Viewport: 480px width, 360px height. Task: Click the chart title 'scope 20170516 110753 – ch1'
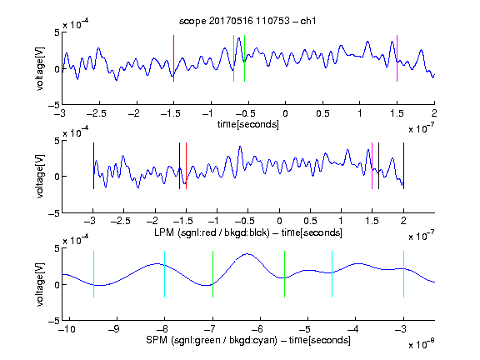[x=247, y=21]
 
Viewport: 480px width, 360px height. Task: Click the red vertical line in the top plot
[x=174, y=58]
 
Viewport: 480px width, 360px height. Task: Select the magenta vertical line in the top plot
[x=397, y=58]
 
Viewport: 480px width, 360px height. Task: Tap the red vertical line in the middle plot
[x=186, y=166]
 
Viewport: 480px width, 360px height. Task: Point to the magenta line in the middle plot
[x=372, y=166]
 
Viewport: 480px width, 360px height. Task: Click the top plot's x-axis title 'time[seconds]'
[x=248, y=124]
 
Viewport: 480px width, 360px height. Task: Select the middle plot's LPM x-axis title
[x=248, y=232]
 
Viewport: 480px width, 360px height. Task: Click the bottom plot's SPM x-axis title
[x=248, y=340]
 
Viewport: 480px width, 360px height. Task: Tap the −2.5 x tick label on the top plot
[x=97, y=113]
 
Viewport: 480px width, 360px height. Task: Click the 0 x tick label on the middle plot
[x=279, y=221]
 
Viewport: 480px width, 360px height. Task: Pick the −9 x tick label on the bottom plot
[x=114, y=329]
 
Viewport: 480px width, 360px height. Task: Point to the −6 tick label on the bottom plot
[x=257, y=329]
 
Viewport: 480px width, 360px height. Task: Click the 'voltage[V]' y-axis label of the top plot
[x=40, y=68]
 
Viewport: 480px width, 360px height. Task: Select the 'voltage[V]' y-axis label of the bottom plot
[x=40, y=284]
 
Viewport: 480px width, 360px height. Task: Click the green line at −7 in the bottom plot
[x=212, y=274]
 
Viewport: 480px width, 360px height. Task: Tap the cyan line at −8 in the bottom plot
[x=165, y=274]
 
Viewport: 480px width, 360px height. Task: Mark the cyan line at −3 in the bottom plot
[x=404, y=274]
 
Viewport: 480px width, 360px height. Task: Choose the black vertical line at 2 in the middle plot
[x=404, y=166]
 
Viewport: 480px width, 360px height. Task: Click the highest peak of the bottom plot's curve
[x=247, y=254]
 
